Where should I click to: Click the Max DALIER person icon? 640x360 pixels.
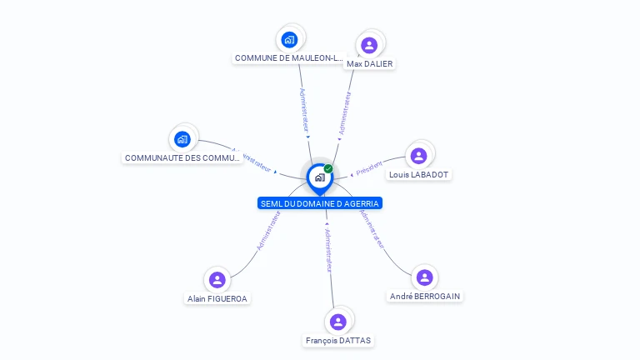pos(369,45)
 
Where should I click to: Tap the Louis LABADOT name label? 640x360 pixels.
pos(418,175)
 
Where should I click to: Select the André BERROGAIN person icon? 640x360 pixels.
pos(424,277)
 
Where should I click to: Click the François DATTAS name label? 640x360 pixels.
pos(338,341)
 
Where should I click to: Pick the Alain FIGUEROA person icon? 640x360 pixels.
pos(217,280)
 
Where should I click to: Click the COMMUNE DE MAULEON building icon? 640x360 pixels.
pos(289,39)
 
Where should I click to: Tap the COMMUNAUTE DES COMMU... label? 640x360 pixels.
pos(182,158)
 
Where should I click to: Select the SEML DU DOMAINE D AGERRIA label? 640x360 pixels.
pos(320,203)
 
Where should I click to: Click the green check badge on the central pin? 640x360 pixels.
pos(328,169)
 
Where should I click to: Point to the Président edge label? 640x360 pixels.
pos(369,167)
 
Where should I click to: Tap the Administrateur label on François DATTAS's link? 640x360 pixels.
pos(328,249)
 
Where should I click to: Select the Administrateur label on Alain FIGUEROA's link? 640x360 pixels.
pos(268,231)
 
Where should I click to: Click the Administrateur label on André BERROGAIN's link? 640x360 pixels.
pos(372,228)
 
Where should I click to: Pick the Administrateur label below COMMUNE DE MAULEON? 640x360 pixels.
pos(304,108)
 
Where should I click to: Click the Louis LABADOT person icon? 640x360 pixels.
pos(419,156)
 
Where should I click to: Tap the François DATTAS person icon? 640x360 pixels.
pos(337,322)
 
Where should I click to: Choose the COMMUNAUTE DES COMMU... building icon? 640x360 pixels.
pos(182,139)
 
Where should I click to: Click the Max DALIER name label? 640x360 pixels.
pos(369,64)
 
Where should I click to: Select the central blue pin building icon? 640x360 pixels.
pos(319,177)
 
